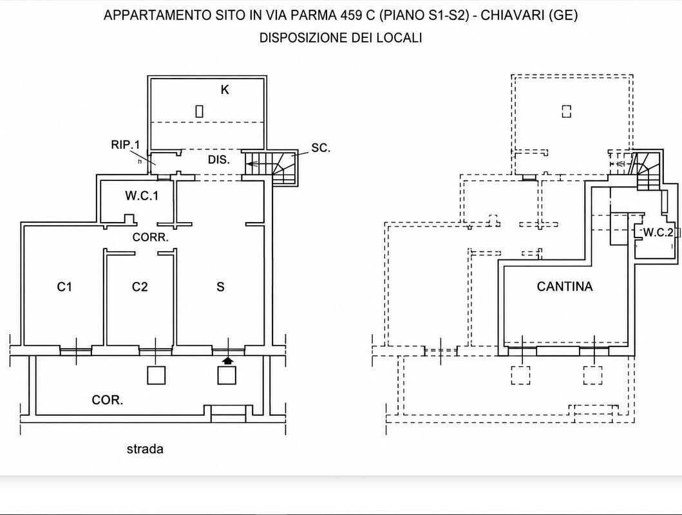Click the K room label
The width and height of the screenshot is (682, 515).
coord(225,89)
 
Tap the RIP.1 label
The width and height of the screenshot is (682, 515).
coord(126,144)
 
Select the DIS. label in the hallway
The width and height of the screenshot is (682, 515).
coord(218,160)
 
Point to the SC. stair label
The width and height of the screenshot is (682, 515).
coord(321,148)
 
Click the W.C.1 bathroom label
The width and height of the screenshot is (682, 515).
coord(142,196)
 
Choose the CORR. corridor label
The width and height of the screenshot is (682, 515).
coord(150,238)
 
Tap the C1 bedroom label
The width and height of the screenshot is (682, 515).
coord(64,287)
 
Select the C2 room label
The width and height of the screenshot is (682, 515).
coord(140,287)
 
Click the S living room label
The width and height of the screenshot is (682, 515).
coord(220,287)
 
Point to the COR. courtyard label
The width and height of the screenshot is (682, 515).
coord(108,400)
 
